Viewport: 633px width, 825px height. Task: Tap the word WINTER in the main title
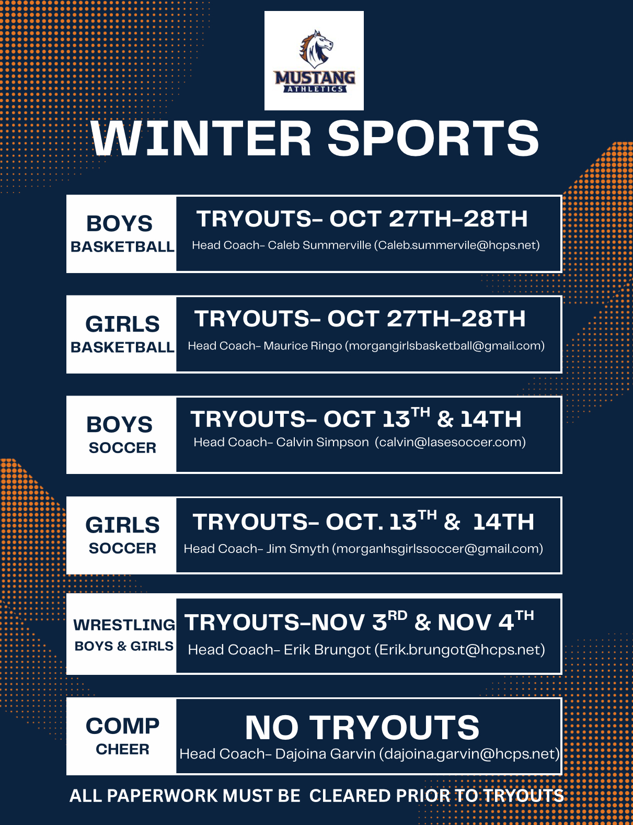click(201, 139)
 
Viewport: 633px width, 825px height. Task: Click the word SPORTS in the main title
click(433, 139)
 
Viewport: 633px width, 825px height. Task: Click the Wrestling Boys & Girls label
click(124, 635)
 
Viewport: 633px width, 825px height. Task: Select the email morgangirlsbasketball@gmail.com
click(444, 346)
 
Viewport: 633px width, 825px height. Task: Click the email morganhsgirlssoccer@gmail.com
click(438, 549)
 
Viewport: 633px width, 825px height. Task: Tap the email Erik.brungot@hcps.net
click(459, 650)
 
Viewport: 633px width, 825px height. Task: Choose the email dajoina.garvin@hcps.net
click(469, 754)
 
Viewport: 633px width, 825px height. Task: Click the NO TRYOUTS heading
click(362, 728)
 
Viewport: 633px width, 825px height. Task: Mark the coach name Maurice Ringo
click(303, 346)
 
